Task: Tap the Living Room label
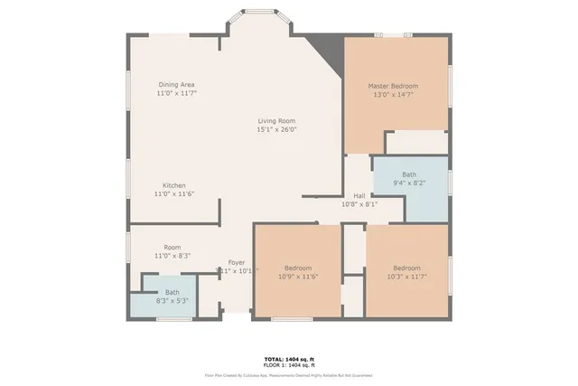click(276, 121)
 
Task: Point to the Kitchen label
click(174, 185)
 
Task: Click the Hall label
click(359, 196)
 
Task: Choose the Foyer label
click(237, 262)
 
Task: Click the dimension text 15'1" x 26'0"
click(276, 129)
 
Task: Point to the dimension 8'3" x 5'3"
click(172, 301)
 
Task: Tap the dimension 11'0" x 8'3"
click(172, 256)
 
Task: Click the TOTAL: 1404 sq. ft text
click(288, 359)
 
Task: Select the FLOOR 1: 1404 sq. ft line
click(288, 365)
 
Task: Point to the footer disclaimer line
click(288, 375)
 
